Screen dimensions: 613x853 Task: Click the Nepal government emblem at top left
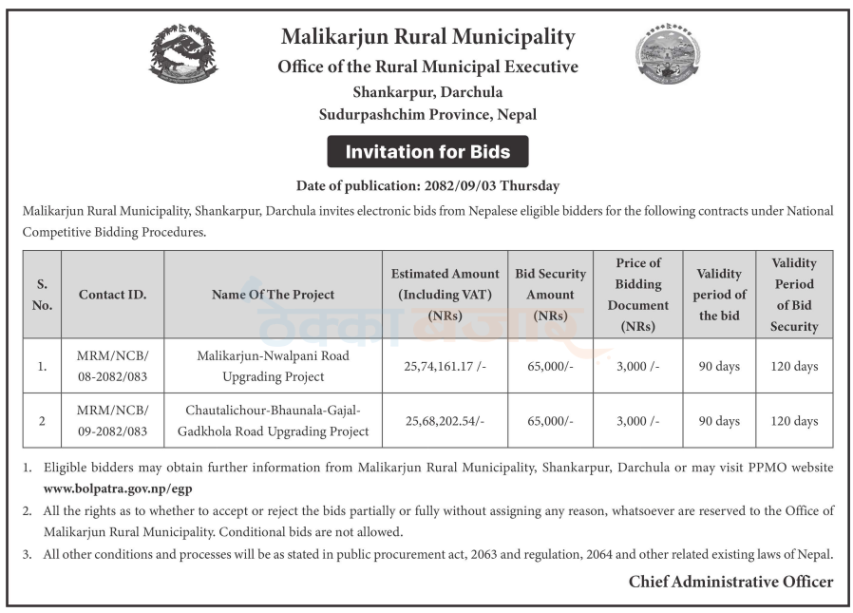coord(183,53)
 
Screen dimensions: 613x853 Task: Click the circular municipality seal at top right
coord(668,53)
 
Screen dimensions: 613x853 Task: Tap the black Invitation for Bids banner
coord(427,152)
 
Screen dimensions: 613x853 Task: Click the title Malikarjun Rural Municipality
coord(427,37)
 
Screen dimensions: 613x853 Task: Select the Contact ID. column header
coord(112,295)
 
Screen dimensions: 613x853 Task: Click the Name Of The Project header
coord(273,295)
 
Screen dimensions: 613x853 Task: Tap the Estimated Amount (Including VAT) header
coord(445,295)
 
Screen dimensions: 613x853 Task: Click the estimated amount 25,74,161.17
coord(445,366)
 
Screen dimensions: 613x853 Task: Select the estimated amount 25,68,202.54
coord(445,421)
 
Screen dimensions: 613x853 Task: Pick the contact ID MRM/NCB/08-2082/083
coord(112,366)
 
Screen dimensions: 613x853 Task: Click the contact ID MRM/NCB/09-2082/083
coord(112,421)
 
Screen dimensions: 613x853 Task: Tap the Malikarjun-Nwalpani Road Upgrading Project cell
coord(273,366)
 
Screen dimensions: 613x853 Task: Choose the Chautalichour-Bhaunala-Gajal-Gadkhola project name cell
coord(273,421)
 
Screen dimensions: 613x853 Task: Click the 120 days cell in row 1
coord(794,366)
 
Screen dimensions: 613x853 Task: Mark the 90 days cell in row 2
coord(719,421)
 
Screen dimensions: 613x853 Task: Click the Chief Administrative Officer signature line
coord(730,582)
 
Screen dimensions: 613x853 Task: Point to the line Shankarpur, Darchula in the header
coord(427,92)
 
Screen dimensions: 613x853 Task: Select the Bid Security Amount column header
coord(550,295)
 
